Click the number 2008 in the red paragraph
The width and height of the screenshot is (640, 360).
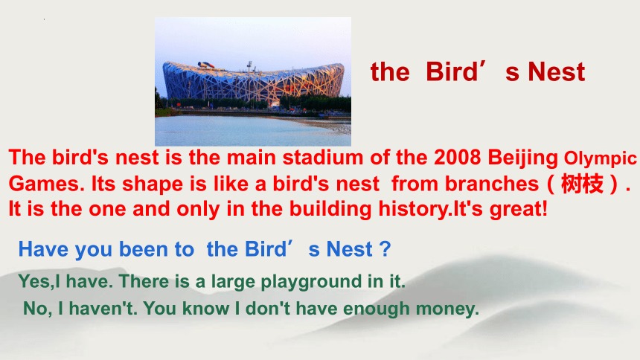click(x=457, y=158)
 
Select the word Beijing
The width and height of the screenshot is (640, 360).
click(x=522, y=159)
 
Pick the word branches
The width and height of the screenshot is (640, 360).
click(x=491, y=184)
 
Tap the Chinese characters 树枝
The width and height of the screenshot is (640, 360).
click(x=582, y=184)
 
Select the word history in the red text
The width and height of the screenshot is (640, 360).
click(x=414, y=210)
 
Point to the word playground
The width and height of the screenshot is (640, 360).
click(x=311, y=283)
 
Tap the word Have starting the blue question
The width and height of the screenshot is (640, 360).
click(x=43, y=249)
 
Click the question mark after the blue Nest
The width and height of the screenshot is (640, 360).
click(x=385, y=249)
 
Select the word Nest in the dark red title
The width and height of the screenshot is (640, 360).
click(x=557, y=72)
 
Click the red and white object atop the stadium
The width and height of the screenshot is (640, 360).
click(x=207, y=65)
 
